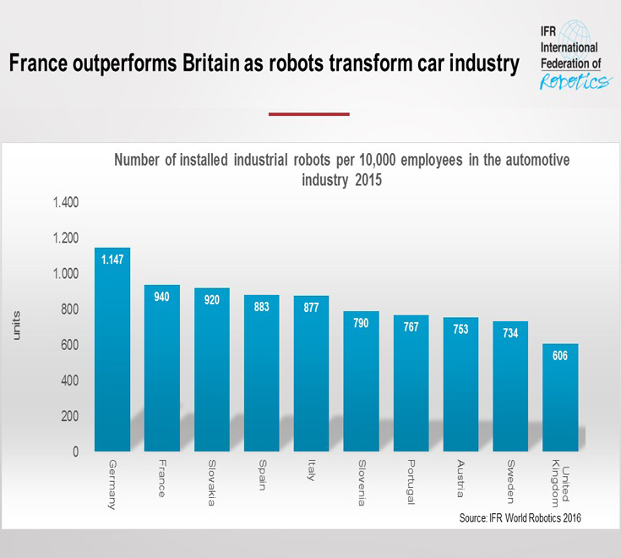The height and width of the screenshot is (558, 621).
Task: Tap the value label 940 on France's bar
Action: (162, 296)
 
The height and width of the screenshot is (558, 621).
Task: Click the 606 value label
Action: (560, 355)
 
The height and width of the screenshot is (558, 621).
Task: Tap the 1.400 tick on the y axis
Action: (66, 203)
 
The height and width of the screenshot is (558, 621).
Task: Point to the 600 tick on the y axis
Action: (70, 345)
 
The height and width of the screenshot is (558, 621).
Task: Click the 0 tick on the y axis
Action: (76, 451)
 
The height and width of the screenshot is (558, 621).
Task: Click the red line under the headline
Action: (308, 114)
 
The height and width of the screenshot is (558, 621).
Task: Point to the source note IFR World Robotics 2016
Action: (520, 517)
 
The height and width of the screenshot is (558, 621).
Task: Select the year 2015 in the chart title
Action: (366, 179)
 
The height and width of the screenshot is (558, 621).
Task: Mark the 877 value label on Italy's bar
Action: (312, 307)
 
